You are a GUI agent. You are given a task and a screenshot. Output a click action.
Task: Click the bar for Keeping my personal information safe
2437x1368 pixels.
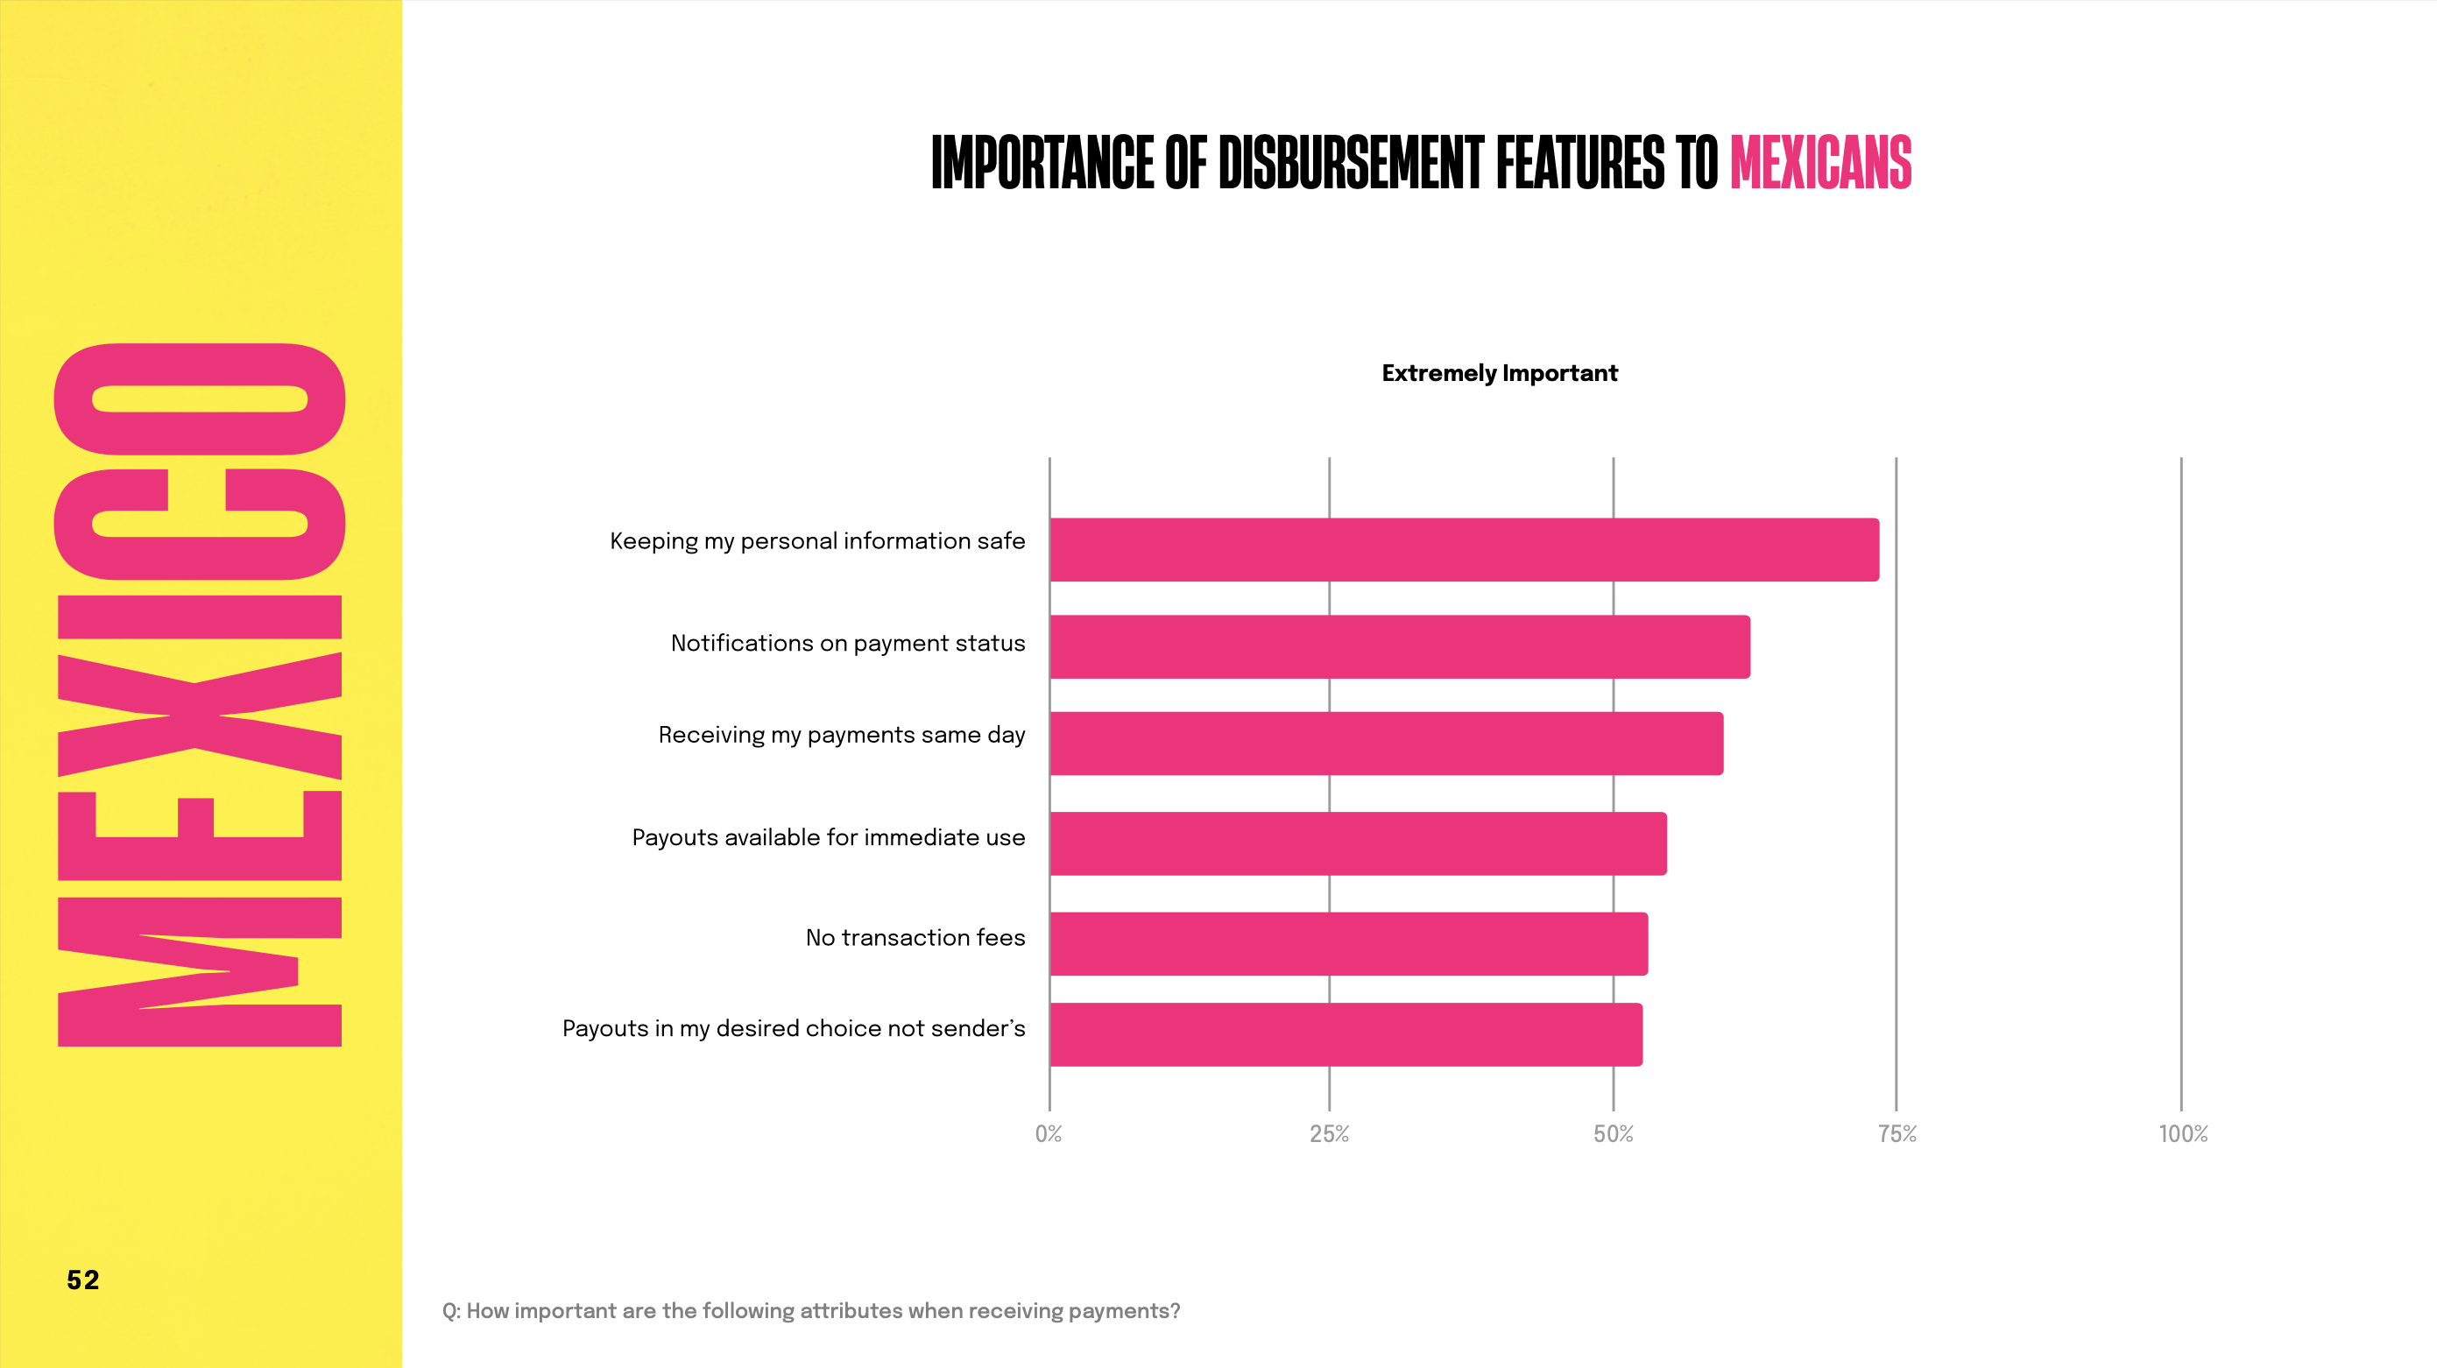coord(1464,550)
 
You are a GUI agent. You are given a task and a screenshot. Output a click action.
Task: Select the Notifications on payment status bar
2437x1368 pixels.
coord(1399,647)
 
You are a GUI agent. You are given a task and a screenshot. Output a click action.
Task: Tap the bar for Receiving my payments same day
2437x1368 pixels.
coord(1386,744)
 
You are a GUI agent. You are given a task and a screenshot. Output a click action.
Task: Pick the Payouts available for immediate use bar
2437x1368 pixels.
coord(1358,844)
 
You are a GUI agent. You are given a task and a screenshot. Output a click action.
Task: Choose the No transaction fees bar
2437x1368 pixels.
coord(1348,944)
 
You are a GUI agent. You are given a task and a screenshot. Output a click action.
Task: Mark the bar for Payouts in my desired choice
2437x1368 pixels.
coord(1346,1035)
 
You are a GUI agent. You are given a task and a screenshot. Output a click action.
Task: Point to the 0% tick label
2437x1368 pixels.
coord(1049,1134)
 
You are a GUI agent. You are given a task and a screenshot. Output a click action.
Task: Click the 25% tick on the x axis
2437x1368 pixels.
coord(1329,1134)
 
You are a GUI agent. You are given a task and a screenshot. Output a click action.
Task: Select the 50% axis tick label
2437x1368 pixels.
coord(1613,1134)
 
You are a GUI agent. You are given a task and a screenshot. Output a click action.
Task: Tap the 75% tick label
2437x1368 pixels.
coord(1897,1134)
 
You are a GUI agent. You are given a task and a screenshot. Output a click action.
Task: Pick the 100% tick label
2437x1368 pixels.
coord(2182,1134)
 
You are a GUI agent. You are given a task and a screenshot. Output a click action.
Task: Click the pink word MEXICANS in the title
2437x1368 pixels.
coord(1820,163)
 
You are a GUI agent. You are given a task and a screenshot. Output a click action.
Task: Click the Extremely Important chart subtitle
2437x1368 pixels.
coord(1500,374)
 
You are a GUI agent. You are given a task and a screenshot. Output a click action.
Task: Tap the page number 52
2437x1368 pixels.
coord(83,1280)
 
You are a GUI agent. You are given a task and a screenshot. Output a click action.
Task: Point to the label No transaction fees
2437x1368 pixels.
coord(915,937)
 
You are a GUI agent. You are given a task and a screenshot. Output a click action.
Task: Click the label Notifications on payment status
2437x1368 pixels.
coord(848,644)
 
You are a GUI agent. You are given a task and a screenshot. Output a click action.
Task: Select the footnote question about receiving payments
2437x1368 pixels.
coord(811,1311)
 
